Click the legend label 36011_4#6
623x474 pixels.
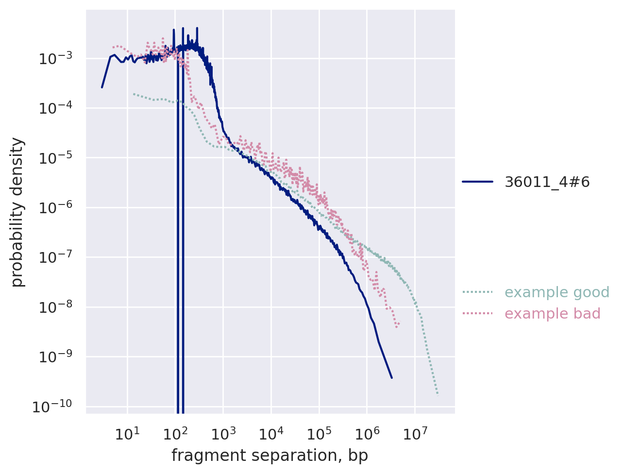click(547, 182)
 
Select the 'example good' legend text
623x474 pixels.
click(557, 292)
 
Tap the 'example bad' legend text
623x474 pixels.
click(553, 314)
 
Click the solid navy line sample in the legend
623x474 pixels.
click(477, 182)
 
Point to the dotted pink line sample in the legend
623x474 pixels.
click(477, 314)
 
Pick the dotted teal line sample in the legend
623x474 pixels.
click(477, 292)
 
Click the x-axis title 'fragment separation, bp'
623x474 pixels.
click(269, 456)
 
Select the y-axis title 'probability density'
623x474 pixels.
click(18, 212)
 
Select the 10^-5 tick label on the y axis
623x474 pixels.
click(55, 157)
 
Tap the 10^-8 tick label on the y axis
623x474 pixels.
click(55, 307)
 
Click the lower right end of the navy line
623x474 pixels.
click(391, 377)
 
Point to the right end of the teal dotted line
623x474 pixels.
click(438, 394)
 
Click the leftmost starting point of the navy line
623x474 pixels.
click(102, 87)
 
